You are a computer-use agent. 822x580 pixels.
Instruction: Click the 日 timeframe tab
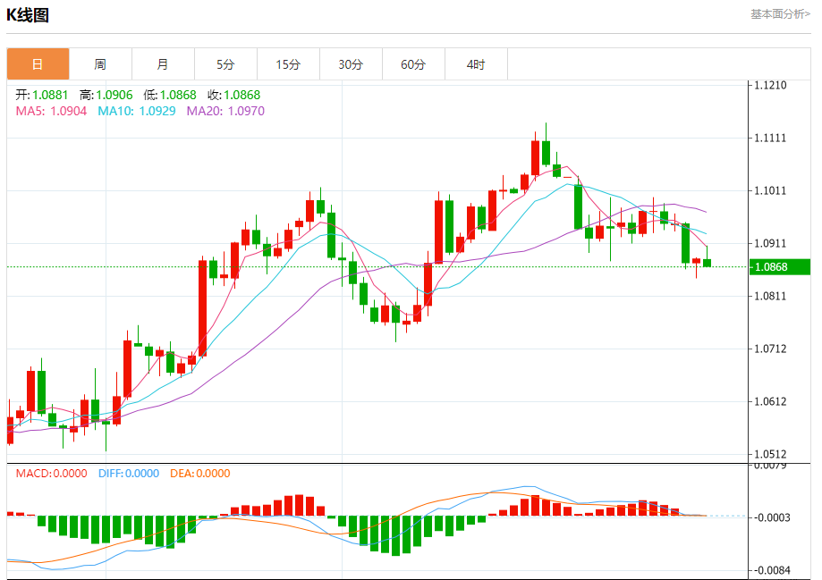38,64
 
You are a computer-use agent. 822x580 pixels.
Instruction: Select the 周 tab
100,64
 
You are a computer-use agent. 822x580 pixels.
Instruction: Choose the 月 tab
163,64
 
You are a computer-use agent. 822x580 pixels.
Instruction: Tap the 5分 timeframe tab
225,64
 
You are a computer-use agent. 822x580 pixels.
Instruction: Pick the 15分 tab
288,64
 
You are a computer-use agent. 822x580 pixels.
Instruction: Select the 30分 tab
351,64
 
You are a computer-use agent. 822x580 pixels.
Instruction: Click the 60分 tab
413,64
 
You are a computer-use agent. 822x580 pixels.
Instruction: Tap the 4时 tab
476,64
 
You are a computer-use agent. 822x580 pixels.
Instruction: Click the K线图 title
28,15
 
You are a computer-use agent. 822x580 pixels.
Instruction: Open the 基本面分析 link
780,14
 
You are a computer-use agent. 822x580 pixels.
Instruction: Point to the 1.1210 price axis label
770,86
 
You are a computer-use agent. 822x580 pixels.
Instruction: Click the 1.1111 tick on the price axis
770,139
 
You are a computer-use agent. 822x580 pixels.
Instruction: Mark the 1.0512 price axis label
770,454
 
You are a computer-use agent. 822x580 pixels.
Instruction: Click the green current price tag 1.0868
780,267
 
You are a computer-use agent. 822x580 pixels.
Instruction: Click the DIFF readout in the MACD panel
128,474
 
